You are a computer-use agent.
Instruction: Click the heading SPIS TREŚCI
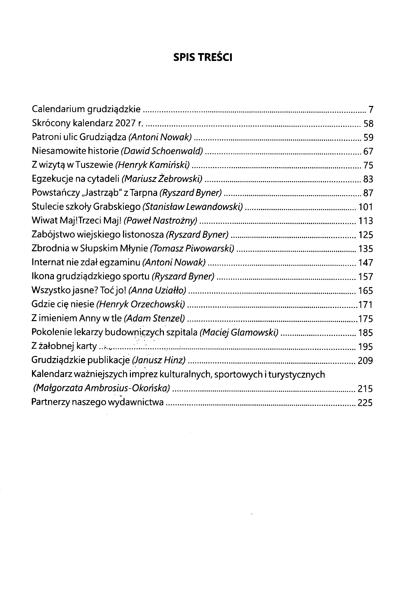tap(203, 57)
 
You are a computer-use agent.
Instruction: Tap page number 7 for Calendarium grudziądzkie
tap(371, 109)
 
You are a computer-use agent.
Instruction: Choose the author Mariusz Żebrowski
tap(162, 179)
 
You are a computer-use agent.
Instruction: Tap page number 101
tap(365, 207)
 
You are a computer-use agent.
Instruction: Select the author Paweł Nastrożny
tap(160, 221)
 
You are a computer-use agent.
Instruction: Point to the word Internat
tap(47, 262)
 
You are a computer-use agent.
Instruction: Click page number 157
tap(366, 276)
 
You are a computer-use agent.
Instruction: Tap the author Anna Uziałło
tap(158, 290)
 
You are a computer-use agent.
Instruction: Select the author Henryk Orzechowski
tap(141, 304)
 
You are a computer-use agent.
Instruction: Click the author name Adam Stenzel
tap(155, 318)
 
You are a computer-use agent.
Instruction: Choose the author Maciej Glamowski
tap(239, 332)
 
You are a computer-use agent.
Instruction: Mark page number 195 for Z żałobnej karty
tap(365, 347)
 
